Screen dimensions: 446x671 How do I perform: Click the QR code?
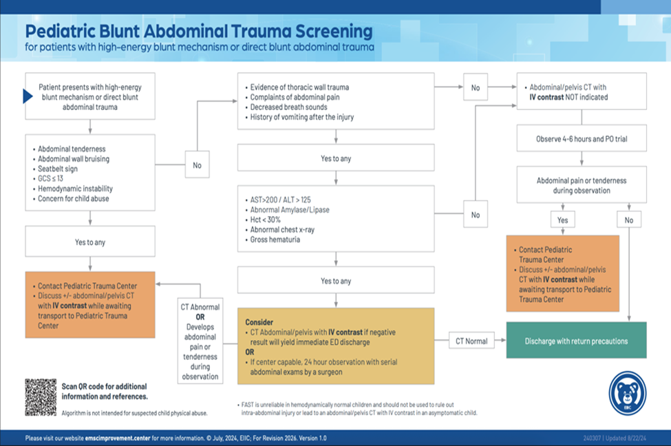(x=41, y=397)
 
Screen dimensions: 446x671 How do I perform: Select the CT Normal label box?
(x=471, y=341)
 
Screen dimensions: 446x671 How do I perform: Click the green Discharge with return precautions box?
(x=576, y=341)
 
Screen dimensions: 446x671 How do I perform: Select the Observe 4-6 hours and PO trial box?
(x=582, y=139)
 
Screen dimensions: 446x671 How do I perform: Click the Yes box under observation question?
(x=562, y=220)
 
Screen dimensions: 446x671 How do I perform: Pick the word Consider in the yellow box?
(x=259, y=322)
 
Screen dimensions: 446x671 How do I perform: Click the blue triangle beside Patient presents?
(x=28, y=96)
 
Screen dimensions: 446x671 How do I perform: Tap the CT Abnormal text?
(x=200, y=307)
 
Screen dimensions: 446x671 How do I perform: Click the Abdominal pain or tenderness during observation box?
(x=582, y=185)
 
